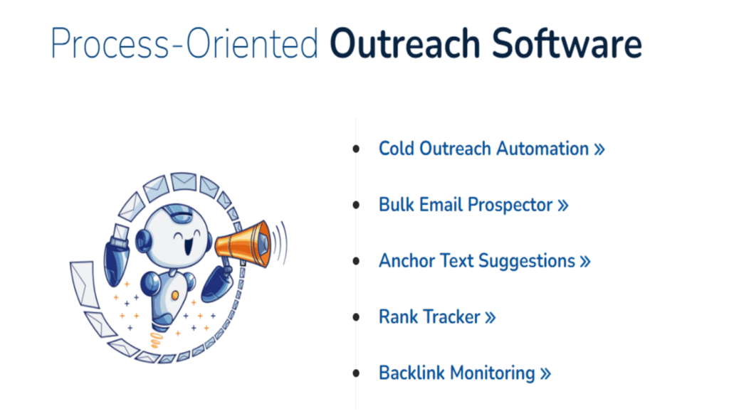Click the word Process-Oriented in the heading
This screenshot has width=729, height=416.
pyautogui.click(x=184, y=43)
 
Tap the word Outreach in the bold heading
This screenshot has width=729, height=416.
pyautogui.click(x=404, y=43)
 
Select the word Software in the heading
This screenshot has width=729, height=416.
pyautogui.click(x=567, y=43)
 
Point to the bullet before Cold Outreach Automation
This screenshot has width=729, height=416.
pyautogui.click(x=356, y=149)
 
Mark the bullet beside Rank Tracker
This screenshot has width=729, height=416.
pyautogui.click(x=356, y=317)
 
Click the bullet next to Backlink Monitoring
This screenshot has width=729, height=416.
pyautogui.click(x=356, y=373)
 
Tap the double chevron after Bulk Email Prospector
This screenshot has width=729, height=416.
pyautogui.click(x=563, y=206)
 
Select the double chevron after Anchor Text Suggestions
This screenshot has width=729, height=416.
pyautogui.click(x=585, y=262)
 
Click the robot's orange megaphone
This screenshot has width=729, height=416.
pyautogui.click(x=243, y=244)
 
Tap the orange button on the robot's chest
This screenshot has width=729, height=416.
pyautogui.click(x=175, y=295)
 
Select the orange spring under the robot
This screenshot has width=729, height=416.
pyautogui.click(x=157, y=341)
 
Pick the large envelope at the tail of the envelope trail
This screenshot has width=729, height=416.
pyautogui.click(x=84, y=284)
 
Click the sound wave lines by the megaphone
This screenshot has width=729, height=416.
pyautogui.click(x=280, y=242)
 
